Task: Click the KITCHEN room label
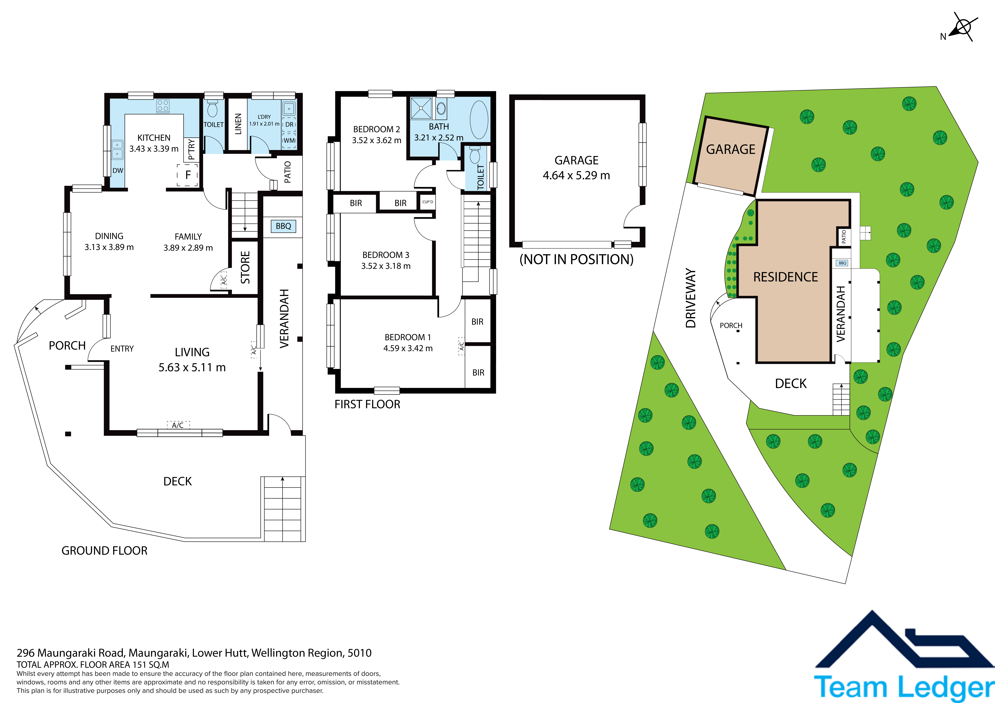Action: coord(154,138)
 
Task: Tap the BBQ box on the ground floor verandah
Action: coord(283,226)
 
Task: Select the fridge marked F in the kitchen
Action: coord(188,175)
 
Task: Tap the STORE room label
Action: coord(245,267)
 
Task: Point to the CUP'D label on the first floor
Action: coord(428,202)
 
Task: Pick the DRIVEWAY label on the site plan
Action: coord(691,298)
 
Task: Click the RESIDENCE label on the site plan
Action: coord(786,277)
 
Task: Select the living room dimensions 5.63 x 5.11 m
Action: coord(192,367)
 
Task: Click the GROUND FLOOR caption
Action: coord(104,551)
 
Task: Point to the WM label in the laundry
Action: coord(289,140)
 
